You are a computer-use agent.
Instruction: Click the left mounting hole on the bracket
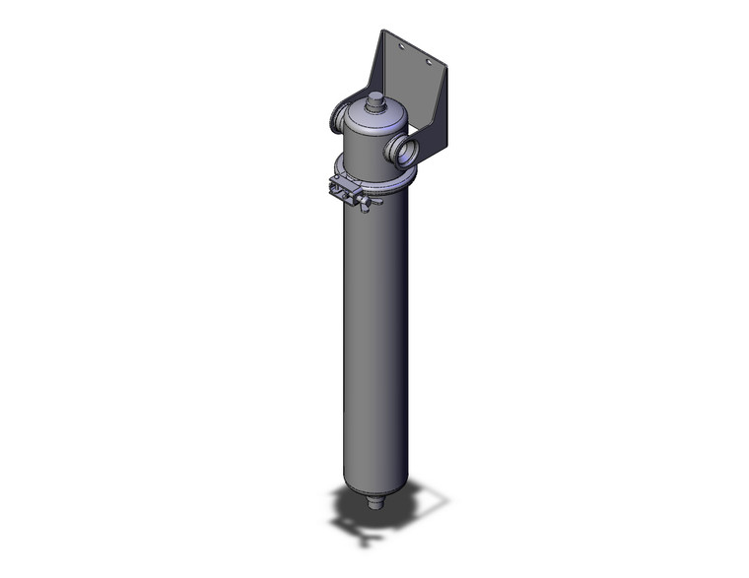[400, 46]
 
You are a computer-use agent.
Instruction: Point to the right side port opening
[403, 151]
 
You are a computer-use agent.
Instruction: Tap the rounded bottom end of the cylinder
[373, 488]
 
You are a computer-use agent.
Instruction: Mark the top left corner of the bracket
[384, 32]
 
